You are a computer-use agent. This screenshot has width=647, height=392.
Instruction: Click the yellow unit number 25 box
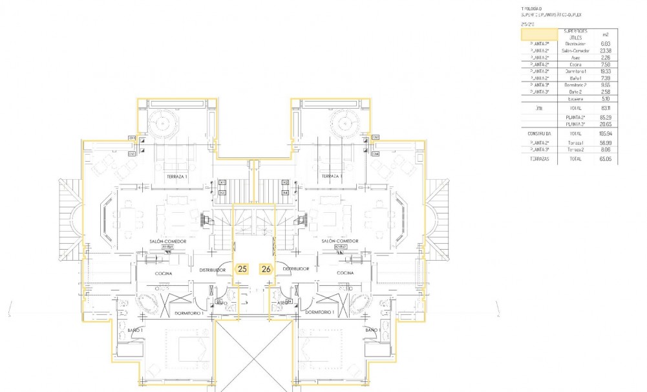pyautogui.click(x=242, y=268)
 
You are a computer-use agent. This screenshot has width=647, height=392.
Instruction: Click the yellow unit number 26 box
pyautogui.click(x=266, y=268)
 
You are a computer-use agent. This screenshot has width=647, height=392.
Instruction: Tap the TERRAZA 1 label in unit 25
pyautogui.click(x=176, y=176)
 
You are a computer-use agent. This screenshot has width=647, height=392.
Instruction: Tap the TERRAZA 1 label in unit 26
pyautogui.click(x=331, y=176)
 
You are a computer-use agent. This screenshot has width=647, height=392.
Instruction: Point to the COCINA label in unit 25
pyautogui.click(x=164, y=273)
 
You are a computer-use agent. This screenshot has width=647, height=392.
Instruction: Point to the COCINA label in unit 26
pyautogui.click(x=345, y=273)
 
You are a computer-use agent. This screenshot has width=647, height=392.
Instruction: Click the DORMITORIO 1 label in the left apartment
pyautogui.click(x=189, y=312)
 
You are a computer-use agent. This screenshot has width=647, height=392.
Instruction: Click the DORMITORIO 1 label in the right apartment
pyautogui.click(x=319, y=312)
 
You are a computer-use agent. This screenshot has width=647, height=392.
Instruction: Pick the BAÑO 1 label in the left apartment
pyautogui.click(x=135, y=331)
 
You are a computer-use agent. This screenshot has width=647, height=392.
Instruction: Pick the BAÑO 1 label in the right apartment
pyautogui.click(x=373, y=331)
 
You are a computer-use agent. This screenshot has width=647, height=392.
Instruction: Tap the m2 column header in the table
pyautogui.click(x=605, y=34)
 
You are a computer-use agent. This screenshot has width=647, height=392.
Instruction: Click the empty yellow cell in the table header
pyautogui.click(x=539, y=34)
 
